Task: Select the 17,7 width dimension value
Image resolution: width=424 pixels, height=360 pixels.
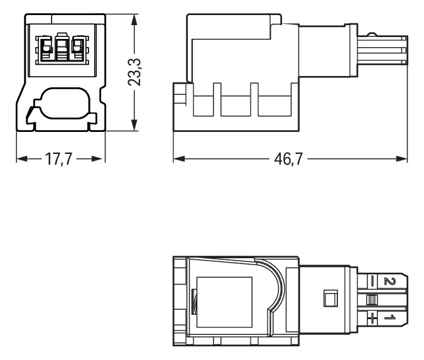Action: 60,159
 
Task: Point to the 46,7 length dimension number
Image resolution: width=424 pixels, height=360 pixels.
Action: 289,159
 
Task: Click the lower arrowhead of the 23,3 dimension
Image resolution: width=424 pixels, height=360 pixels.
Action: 134,126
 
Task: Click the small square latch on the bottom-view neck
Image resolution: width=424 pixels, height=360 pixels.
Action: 328,298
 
